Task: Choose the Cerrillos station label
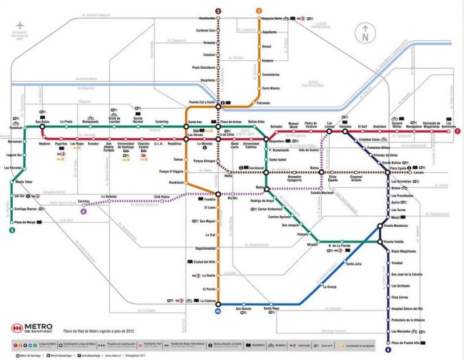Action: (83, 201)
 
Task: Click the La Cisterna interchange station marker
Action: (219, 301)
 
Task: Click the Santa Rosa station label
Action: (271, 308)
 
